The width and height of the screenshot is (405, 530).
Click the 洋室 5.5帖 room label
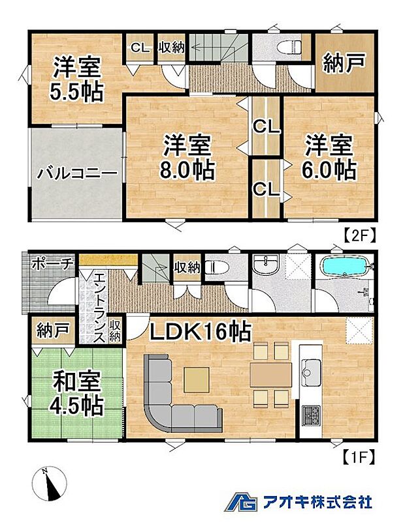[76, 80]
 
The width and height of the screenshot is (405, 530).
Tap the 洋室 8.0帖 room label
[187, 157]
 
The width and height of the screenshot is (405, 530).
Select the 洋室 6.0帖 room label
[329, 157]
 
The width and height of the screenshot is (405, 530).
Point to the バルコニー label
[77, 174]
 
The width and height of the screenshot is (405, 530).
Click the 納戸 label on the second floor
[345, 63]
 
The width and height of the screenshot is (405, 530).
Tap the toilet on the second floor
[289, 47]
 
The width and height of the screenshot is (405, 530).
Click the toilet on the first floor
[217, 268]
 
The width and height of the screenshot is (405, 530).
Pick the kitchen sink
[311, 372]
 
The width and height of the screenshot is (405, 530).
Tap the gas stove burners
[310, 416]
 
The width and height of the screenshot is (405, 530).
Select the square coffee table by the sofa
[197, 380]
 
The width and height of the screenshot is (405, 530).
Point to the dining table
[271, 375]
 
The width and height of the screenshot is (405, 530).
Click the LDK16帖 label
[201, 331]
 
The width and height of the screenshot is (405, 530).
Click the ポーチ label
[52, 263]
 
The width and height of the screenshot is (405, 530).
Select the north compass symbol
[50, 483]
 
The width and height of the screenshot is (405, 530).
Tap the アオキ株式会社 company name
[317, 501]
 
